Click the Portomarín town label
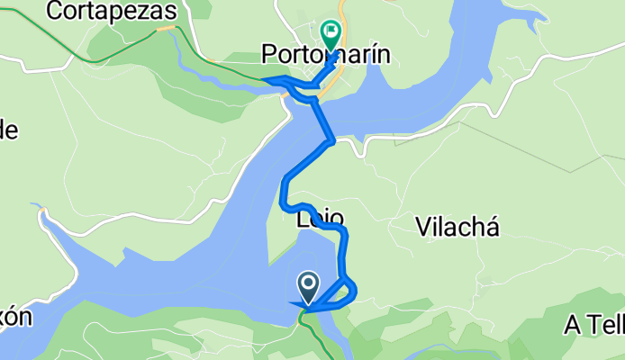pyautogui.click(x=326, y=55)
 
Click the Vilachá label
pyautogui.click(x=457, y=227)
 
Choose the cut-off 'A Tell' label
pyautogui.click(x=594, y=326)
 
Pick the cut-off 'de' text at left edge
pyautogui.click(x=8, y=130)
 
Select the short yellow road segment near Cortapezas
pyautogui.click(x=165, y=29)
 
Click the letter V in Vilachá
pyautogui.click(x=423, y=227)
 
